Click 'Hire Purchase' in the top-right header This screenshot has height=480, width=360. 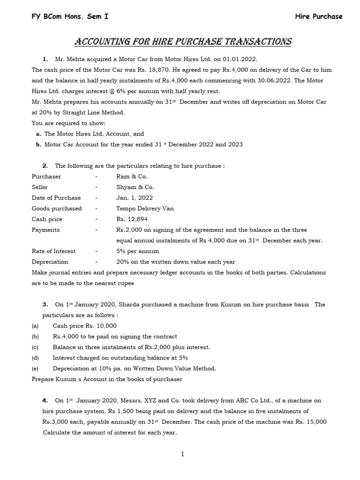(x=319, y=16)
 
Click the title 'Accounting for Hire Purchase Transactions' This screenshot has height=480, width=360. (x=183, y=42)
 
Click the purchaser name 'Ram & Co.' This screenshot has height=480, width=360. (x=132, y=176)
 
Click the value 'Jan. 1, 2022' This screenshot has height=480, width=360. (x=135, y=198)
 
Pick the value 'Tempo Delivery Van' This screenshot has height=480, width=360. (x=145, y=209)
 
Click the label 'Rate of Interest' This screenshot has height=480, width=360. (x=53, y=251)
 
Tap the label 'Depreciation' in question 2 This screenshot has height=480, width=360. (x=50, y=262)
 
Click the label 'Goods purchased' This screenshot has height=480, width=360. (x=56, y=209)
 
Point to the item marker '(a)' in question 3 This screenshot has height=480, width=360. (x=35, y=326)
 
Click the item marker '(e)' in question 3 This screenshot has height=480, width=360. (x=35, y=368)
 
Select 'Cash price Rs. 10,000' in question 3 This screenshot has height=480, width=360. (x=85, y=326)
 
